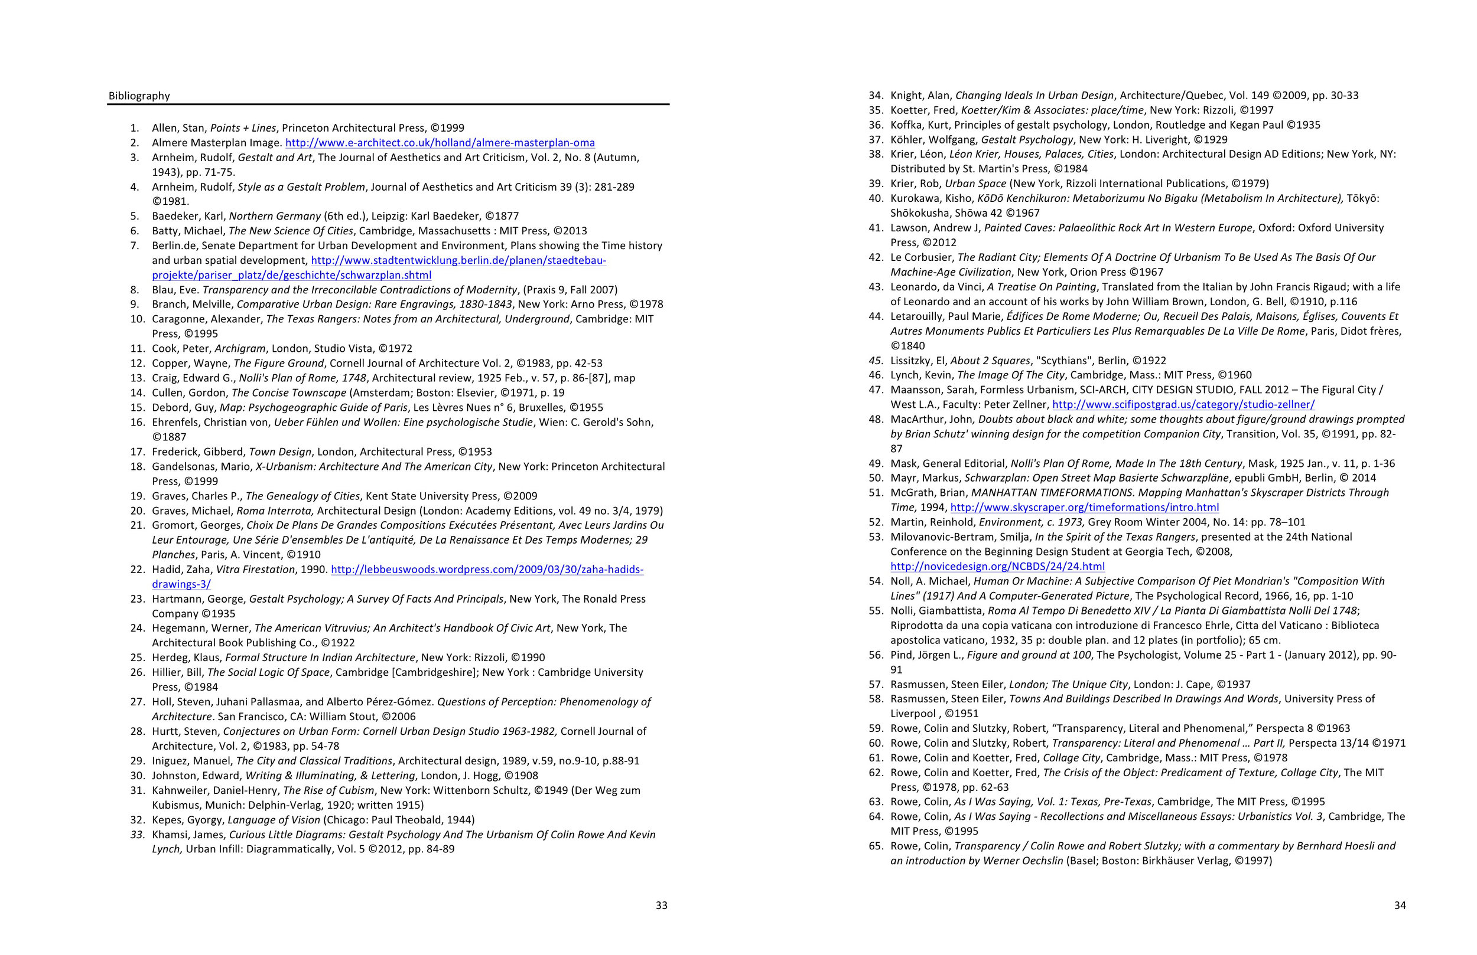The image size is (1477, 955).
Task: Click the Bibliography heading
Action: (x=139, y=96)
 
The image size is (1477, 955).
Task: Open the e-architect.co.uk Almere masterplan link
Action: (x=440, y=143)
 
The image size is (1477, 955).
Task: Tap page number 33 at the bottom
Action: (x=662, y=905)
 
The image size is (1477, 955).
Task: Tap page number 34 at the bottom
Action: (x=1400, y=905)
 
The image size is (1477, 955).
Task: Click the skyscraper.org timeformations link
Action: (x=1084, y=507)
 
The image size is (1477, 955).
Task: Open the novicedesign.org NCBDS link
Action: (x=997, y=566)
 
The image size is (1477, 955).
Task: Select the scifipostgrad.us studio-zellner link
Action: (x=1183, y=404)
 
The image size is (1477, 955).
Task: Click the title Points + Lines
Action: (x=243, y=127)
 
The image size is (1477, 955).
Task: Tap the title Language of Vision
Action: (x=274, y=820)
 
